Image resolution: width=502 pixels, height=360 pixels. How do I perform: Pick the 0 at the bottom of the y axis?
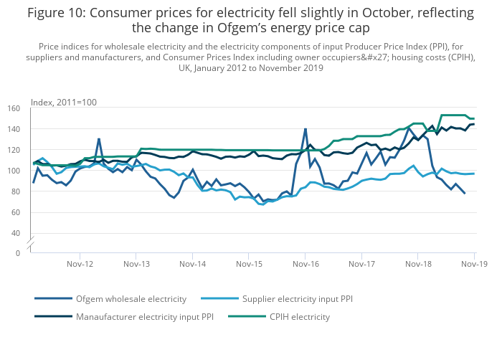(18, 254)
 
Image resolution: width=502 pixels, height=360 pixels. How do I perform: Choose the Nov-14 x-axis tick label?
(192, 264)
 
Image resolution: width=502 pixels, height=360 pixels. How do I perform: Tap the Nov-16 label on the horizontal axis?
(306, 264)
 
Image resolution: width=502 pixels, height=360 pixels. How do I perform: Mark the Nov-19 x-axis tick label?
(474, 264)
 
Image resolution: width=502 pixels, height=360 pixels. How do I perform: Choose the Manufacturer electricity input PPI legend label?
(144, 316)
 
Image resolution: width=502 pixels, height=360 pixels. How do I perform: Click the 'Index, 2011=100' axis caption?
(64, 103)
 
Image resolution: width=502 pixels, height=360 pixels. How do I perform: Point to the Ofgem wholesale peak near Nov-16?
(306, 129)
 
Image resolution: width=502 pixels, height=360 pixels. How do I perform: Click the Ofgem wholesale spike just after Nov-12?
(99, 138)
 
